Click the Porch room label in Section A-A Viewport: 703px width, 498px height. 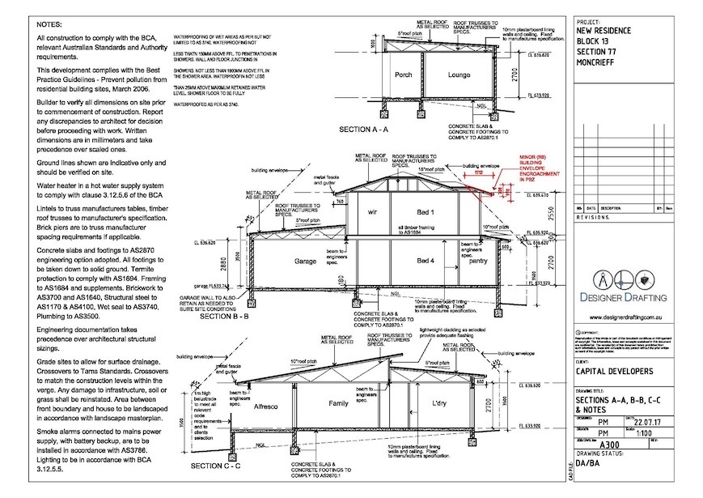(x=403, y=75)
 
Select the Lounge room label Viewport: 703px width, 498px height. (x=459, y=75)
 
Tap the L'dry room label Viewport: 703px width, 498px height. (x=442, y=402)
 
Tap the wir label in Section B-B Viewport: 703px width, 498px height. (x=374, y=211)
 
